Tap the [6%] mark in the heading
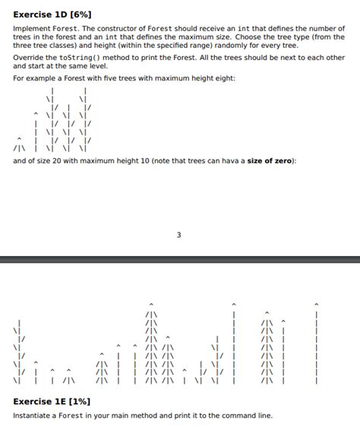(x=82, y=14)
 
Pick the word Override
(x=29, y=58)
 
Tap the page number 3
(x=179, y=235)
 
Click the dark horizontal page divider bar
(x=180, y=259)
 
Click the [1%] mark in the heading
(x=80, y=401)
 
